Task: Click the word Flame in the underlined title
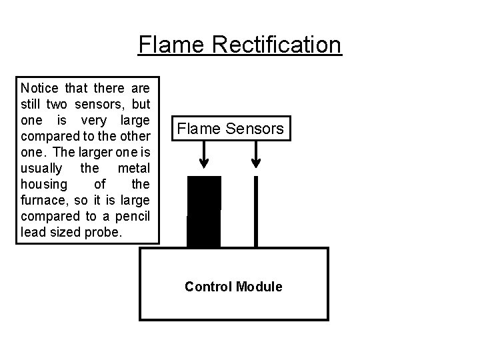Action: [x=164, y=45]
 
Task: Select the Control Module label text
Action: [x=233, y=287]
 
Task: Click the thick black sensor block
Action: [x=204, y=212]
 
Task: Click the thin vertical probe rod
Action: [x=255, y=212]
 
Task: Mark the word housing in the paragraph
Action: [x=43, y=184]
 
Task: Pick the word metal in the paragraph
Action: [x=135, y=168]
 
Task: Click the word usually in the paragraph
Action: [x=41, y=168]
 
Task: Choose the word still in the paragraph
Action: [x=31, y=104]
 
